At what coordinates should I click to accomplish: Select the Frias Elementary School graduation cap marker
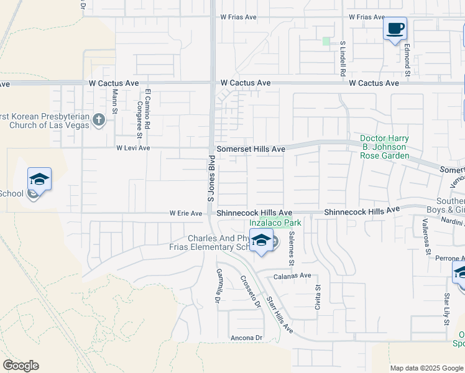point(262,241)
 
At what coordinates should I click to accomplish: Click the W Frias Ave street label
point(367,17)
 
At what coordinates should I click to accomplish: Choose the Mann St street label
point(115,101)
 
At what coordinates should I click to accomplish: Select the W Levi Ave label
point(133,149)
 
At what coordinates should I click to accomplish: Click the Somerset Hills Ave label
point(251,149)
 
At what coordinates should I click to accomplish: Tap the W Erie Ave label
point(186,213)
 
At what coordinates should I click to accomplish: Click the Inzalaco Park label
point(275,222)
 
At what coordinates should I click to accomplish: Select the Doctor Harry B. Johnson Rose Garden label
point(384,147)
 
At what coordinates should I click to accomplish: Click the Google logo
point(21,366)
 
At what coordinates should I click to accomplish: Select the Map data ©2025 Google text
point(426,368)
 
